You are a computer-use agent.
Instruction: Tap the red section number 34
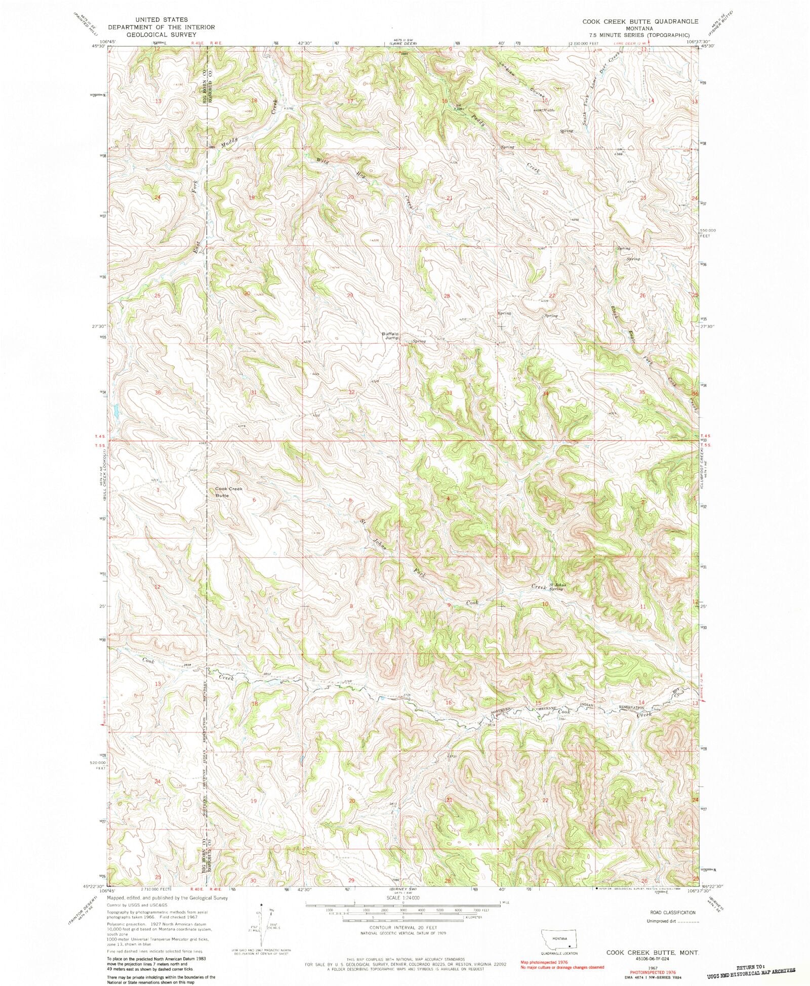(546, 393)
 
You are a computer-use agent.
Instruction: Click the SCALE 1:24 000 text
(403, 897)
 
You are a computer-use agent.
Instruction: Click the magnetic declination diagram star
(261, 905)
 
